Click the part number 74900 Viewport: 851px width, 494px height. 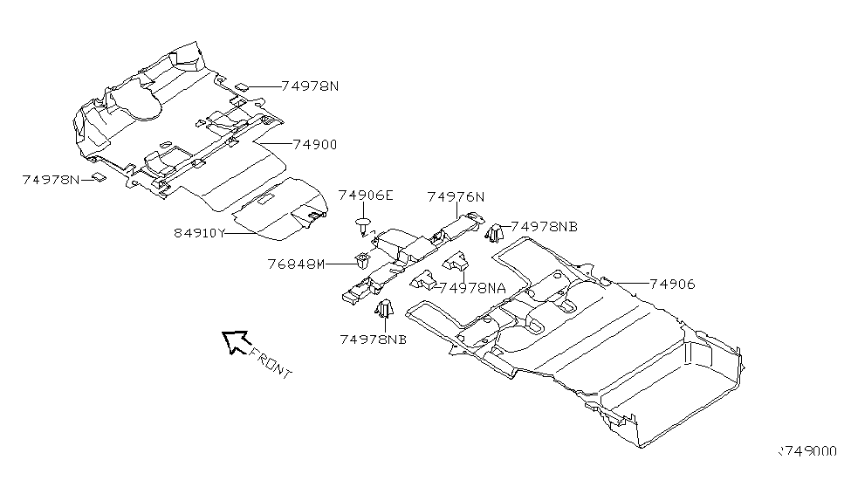coord(314,145)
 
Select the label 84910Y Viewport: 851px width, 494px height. coord(200,233)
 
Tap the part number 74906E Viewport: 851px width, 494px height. coord(365,197)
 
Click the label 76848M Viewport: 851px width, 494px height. coord(297,264)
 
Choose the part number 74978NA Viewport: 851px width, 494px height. coord(472,287)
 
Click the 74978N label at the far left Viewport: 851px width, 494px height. coord(51,179)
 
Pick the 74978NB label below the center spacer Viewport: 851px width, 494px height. coord(374,340)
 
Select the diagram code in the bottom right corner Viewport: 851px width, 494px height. coord(806,452)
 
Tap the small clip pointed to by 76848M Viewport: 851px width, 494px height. coord(360,259)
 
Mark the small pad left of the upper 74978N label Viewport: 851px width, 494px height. coord(244,86)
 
